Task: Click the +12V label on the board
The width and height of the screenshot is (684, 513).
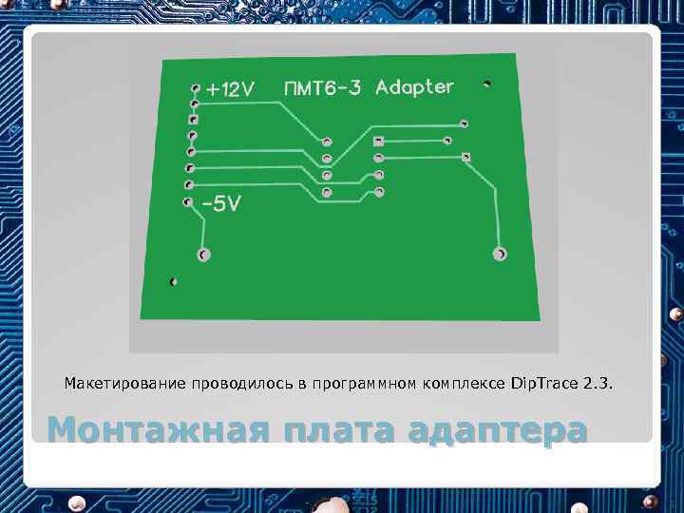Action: pyautogui.click(x=231, y=89)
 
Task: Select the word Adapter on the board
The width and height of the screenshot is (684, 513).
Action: pyautogui.click(x=414, y=87)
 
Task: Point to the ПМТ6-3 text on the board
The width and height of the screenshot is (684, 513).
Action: pyautogui.click(x=322, y=88)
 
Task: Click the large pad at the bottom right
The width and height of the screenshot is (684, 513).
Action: pyautogui.click(x=500, y=255)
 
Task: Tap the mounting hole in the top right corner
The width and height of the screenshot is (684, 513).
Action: pyautogui.click(x=487, y=83)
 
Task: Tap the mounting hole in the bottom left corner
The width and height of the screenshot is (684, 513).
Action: pyautogui.click(x=172, y=282)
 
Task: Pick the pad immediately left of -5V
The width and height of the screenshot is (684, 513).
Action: pyautogui.click(x=185, y=202)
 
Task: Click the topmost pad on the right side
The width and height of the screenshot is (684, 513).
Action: pyautogui.click(x=465, y=123)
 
